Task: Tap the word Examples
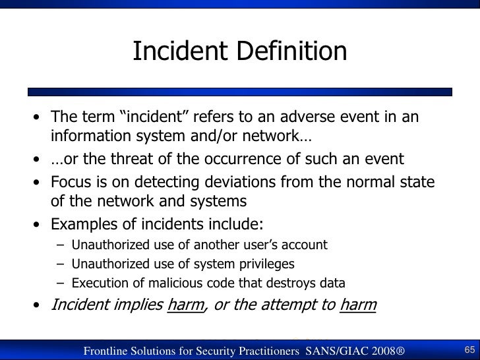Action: pos(87,222)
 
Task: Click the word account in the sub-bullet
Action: pos(303,245)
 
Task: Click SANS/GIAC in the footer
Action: pos(344,350)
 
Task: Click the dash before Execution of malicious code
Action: pos(61,285)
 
